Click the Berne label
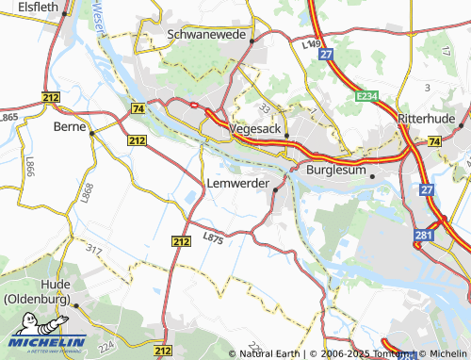click(x=69, y=126)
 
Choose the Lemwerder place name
click(x=236, y=182)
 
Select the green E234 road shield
click(x=367, y=96)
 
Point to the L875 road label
click(x=213, y=239)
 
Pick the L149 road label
click(x=312, y=43)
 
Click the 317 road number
click(x=93, y=249)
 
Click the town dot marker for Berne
click(x=91, y=134)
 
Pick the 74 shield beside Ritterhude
click(x=433, y=141)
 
